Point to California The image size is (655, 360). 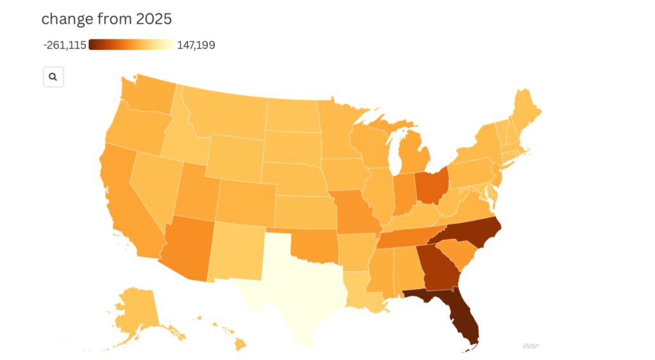pyautogui.click(x=128, y=205)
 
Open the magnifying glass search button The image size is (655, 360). pyautogui.click(x=53, y=77)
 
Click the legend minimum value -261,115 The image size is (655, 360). pyautogui.click(x=65, y=45)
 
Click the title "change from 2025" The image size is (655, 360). pyautogui.click(x=106, y=19)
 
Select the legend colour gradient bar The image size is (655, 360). pyautogui.click(x=132, y=45)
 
